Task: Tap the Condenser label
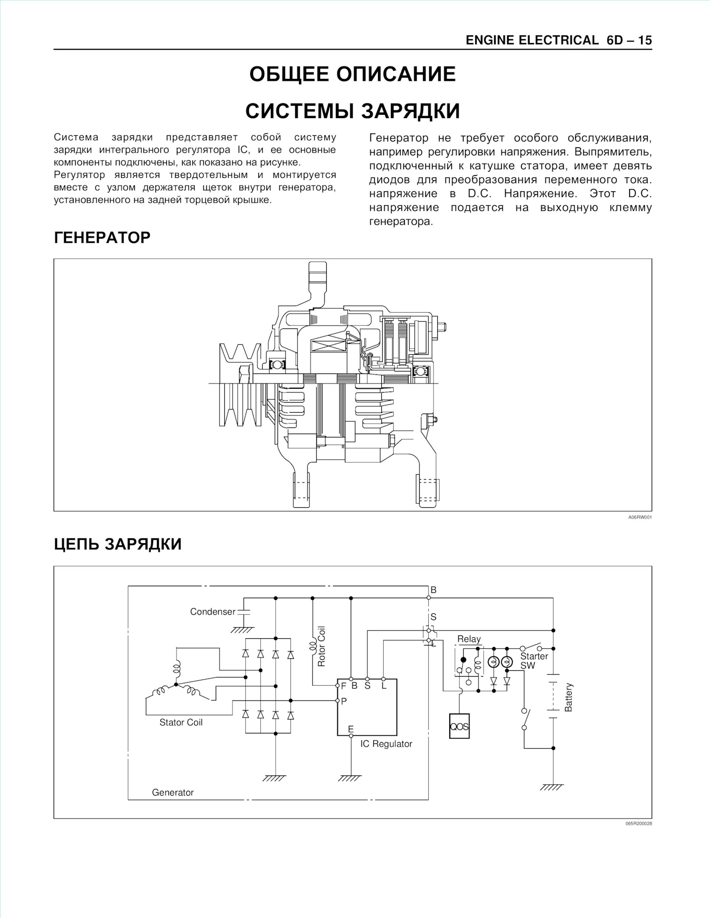coord(212,612)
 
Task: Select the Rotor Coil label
coord(322,646)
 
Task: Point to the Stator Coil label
coord(181,722)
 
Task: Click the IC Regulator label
coord(386,744)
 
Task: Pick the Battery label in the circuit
coord(568,697)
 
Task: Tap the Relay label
coord(469,639)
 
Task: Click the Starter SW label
coord(534,661)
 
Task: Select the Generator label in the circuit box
coord(173,792)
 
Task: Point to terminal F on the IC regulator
coord(343,685)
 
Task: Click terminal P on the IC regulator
coord(344,701)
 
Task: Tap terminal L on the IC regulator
coord(384,685)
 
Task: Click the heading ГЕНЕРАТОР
coord(102,238)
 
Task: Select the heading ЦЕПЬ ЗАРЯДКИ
coord(118,544)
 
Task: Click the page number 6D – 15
coord(629,41)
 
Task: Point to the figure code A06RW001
coord(640,517)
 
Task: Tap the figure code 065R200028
coord(638,823)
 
